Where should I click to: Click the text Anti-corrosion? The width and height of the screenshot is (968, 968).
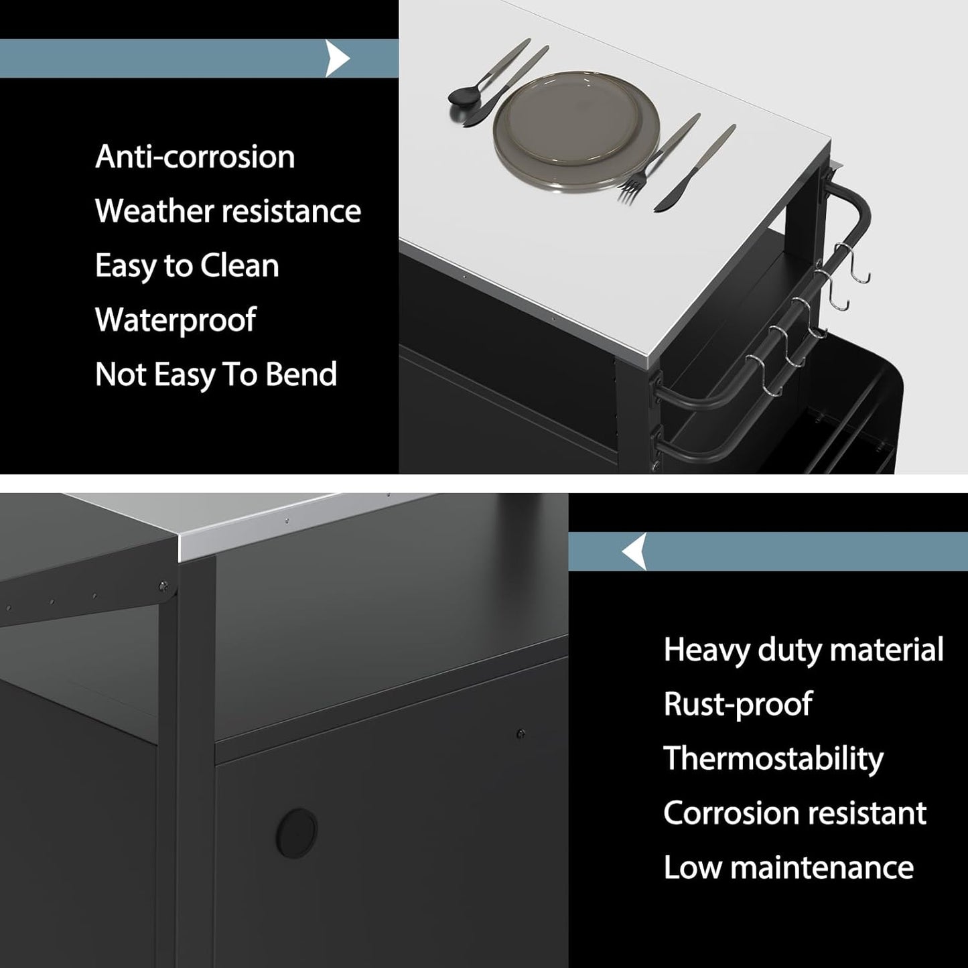point(195,157)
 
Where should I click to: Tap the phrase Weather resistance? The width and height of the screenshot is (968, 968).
point(228,211)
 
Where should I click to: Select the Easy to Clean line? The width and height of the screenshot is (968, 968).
point(187,266)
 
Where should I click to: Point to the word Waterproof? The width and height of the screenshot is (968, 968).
point(176,320)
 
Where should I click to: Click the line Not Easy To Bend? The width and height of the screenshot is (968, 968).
point(216,374)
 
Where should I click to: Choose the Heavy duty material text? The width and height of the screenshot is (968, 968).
point(804,650)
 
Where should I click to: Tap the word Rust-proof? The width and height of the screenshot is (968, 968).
point(738,704)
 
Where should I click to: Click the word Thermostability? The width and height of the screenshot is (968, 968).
point(774,759)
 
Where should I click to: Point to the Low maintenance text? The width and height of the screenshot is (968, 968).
point(788,868)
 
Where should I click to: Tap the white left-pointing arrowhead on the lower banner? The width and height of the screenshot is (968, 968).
point(634,551)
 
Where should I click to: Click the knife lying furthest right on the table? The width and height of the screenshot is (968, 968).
point(695,168)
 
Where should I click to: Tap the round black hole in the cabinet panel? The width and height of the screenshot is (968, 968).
point(296,833)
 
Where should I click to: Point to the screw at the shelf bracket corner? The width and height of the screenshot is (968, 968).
point(163,585)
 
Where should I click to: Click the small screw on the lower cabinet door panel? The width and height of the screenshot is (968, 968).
point(521,734)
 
